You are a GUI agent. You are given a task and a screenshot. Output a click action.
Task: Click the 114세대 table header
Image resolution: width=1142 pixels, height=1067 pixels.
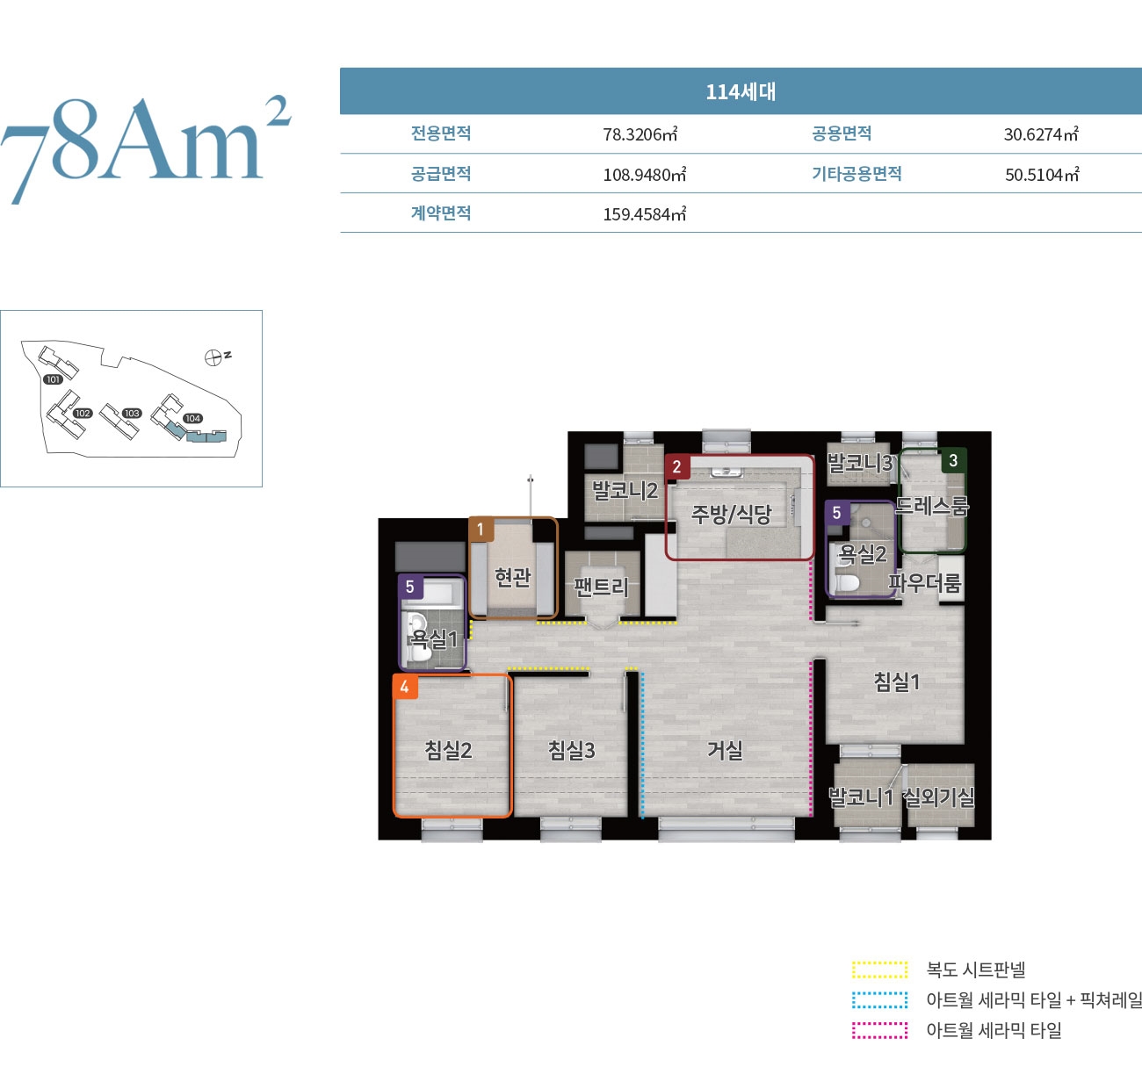click(741, 92)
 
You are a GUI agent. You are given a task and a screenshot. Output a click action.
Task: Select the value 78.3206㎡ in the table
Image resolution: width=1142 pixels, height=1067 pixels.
click(640, 134)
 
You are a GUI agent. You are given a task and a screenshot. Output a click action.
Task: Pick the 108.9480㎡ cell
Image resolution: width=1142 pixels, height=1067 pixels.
click(644, 174)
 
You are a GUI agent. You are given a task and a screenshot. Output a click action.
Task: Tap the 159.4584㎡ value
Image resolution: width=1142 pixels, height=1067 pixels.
click(644, 214)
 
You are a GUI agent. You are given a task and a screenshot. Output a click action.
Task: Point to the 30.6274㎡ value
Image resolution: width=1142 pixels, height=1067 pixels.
click(1041, 134)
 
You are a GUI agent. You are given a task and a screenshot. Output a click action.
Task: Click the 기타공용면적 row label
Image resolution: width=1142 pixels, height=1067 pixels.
click(856, 173)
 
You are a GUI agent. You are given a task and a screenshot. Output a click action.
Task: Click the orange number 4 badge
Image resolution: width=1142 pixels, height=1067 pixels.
click(405, 687)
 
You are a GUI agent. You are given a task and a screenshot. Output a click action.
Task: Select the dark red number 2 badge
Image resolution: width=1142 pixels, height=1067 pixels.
click(676, 467)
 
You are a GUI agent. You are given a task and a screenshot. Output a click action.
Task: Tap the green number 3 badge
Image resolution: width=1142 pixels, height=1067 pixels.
click(953, 460)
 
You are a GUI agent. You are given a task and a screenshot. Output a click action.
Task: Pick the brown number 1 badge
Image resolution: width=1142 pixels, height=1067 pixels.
click(481, 530)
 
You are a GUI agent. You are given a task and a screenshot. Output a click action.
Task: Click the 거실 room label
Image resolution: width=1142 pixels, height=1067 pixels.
click(725, 750)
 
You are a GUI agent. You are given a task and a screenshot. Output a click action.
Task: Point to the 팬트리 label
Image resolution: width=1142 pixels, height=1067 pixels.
click(601, 587)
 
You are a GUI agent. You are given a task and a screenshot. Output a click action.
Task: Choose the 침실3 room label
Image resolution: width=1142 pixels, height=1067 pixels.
click(572, 750)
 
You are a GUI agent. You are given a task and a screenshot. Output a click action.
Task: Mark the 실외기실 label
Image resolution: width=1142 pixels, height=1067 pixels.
click(940, 797)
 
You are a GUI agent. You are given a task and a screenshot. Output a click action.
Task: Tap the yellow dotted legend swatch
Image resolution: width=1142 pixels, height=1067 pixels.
click(880, 970)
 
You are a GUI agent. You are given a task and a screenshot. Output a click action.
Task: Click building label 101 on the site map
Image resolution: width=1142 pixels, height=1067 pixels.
click(53, 379)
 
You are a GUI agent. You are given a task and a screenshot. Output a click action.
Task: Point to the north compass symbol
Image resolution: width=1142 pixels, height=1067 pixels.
click(213, 357)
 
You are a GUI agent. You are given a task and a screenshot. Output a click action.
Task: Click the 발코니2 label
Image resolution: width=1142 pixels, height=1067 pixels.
click(625, 490)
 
